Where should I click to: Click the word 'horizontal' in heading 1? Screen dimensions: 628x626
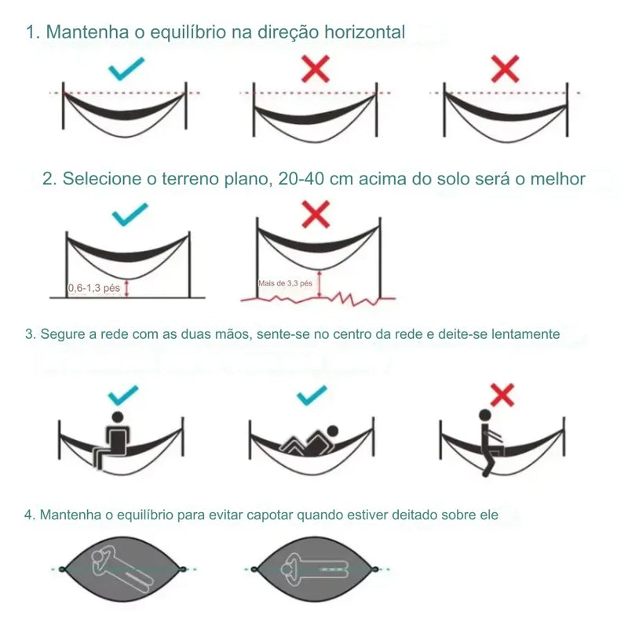tap(364, 31)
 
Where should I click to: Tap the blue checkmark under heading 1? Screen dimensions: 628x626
tap(126, 69)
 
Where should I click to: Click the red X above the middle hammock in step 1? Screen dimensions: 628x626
tap(316, 69)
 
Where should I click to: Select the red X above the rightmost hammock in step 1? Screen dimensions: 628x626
tap(505, 69)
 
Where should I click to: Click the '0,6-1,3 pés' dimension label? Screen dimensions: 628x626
tap(94, 288)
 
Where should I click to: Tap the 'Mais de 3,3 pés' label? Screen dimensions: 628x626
tap(285, 283)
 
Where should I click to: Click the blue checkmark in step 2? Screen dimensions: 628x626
tap(130, 214)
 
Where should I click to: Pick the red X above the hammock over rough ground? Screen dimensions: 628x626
tap(316, 214)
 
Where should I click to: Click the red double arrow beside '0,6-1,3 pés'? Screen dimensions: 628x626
tap(126, 288)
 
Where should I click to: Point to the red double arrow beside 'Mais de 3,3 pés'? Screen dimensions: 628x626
tap(319, 285)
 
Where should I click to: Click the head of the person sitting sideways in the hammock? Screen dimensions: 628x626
tap(118, 417)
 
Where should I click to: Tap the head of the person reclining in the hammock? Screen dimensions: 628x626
tap(332, 431)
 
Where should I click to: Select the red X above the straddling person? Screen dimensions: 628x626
tap(502, 395)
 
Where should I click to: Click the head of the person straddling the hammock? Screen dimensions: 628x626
tap(485, 415)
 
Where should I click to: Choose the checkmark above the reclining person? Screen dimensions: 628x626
tap(312, 395)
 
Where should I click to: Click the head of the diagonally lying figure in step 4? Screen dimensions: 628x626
tap(99, 557)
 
